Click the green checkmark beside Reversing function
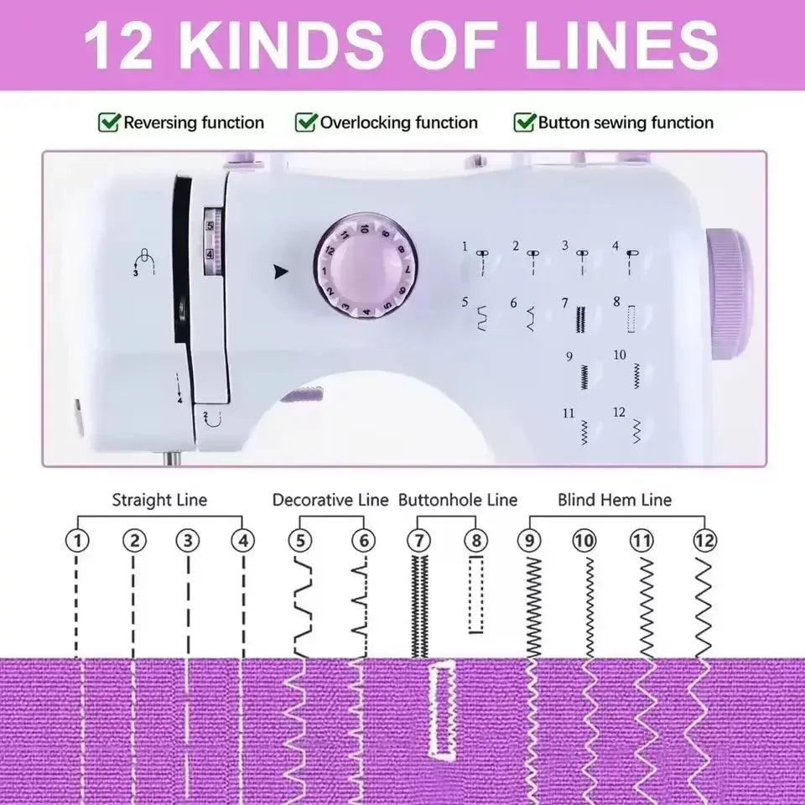tap(109, 122)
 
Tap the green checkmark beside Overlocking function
tap(306, 122)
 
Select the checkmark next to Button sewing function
tap(525, 122)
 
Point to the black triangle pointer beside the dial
tap(280, 272)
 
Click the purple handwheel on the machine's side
tap(728, 293)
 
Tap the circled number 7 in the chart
tap(419, 540)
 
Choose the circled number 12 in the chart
tap(704, 540)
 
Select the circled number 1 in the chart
tap(77, 540)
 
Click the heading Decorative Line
tap(330, 500)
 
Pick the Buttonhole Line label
tap(458, 500)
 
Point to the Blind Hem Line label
tap(615, 500)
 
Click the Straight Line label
tap(159, 500)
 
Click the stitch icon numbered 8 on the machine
tap(631, 319)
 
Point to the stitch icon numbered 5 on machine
tap(481, 319)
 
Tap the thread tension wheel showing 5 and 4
tap(212, 241)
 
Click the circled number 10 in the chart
tap(584, 540)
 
